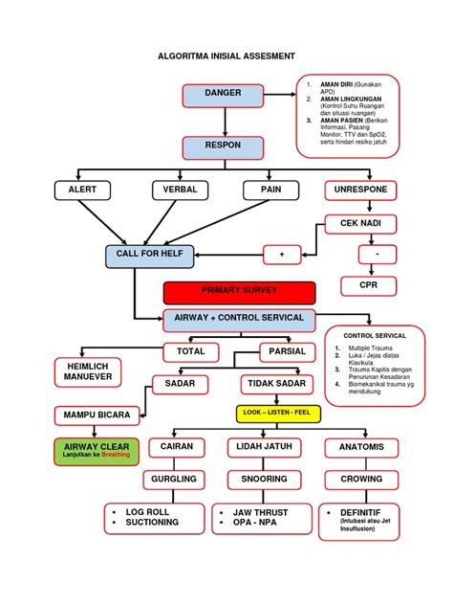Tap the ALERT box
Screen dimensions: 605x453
[82, 190]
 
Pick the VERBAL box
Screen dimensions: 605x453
[181, 190]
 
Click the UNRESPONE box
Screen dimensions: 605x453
[360, 190]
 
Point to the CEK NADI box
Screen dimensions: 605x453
[360, 223]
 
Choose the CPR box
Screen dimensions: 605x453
[368, 285]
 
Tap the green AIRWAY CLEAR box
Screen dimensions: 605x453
[96, 450]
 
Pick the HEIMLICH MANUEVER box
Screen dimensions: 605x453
[87, 371]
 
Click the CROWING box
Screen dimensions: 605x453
[360, 479]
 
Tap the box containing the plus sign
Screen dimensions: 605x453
[282, 255]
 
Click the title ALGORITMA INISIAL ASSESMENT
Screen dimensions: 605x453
[226, 57]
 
